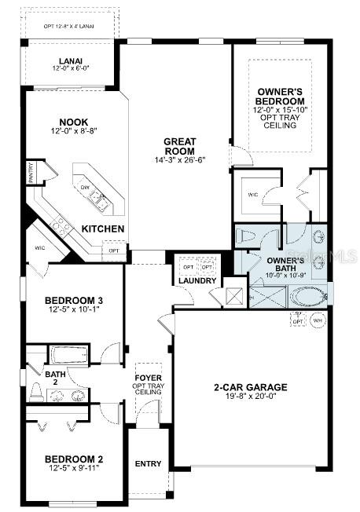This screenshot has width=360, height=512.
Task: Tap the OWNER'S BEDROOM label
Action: pos(281,97)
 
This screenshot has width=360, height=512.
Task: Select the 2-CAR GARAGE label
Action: pos(251,387)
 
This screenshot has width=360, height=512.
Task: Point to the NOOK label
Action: pos(72,122)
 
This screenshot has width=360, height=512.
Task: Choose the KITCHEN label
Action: pos(104,228)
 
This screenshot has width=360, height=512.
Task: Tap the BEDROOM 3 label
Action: pos(74,300)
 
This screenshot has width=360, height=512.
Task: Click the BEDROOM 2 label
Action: pos(74,459)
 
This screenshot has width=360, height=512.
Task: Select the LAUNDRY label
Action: pos(197,280)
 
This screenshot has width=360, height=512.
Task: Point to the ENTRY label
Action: pos(148,464)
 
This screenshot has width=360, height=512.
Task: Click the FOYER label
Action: pos(148,367)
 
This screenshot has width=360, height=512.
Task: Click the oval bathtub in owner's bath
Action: pos(307,297)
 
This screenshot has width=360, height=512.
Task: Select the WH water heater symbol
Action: pos(318,320)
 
